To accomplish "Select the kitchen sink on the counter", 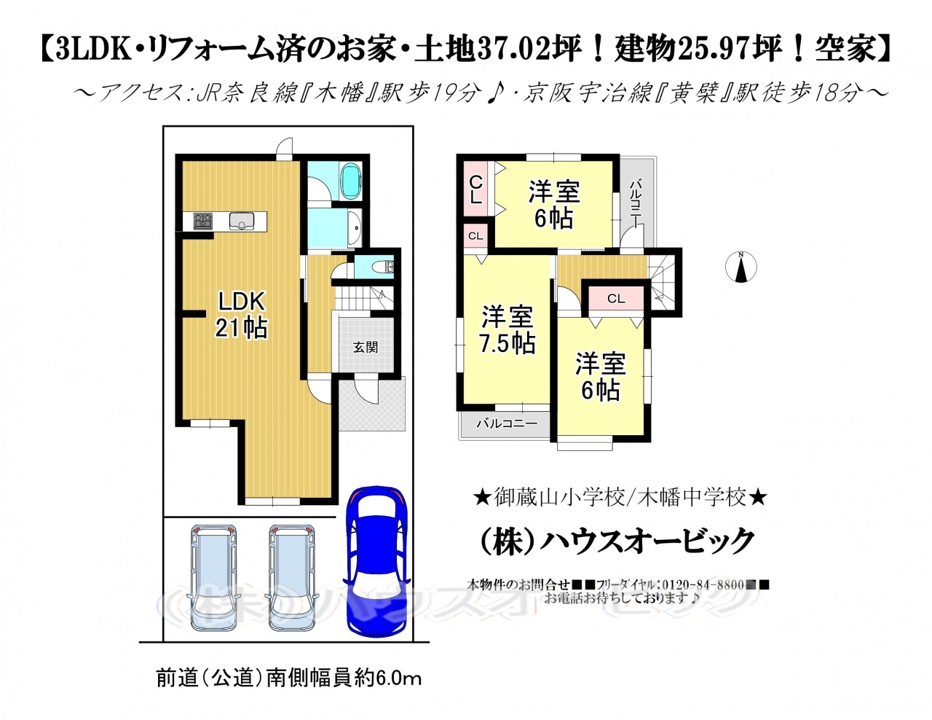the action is coord(242,221).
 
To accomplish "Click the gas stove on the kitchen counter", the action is coord(203,221).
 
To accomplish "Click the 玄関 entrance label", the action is coord(366,347).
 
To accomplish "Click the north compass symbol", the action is coord(741,267).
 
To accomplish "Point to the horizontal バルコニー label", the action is coord(507,424).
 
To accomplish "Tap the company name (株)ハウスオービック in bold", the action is coord(616,541).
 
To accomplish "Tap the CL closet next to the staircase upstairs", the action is coord(616,298).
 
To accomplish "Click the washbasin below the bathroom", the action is coord(355,228).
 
